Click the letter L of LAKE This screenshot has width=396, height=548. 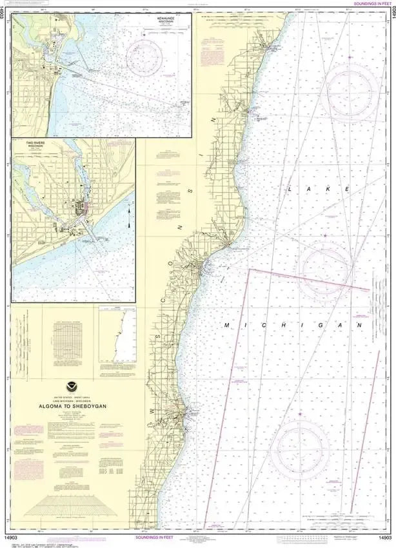click(x=290, y=189)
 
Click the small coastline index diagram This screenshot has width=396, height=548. click(x=117, y=336)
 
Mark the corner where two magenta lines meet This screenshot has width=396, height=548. click(x=249, y=269)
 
